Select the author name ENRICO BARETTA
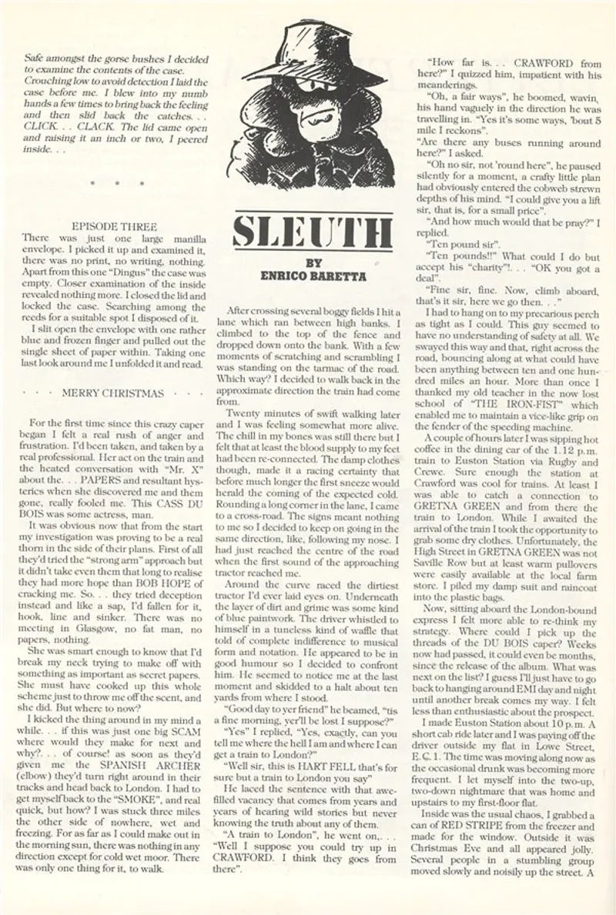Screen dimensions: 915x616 (x=313, y=275)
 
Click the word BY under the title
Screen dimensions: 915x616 (x=313, y=262)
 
